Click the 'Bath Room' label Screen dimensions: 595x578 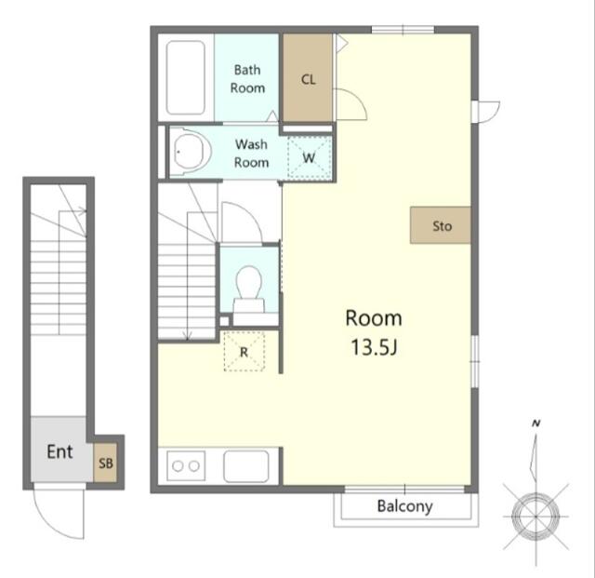pyautogui.click(x=247, y=79)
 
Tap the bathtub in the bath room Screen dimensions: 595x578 pyautogui.click(x=186, y=77)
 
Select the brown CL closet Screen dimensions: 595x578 pyautogui.click(x=308, y=78)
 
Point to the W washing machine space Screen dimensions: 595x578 pyautogui.click(x=309, y=157)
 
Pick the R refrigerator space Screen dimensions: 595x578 pyautogui.click(x=244, y=351)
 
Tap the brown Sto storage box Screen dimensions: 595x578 pyautogui.click(x=441, y=225)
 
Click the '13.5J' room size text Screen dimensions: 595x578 pyautogui.click(x=374, y=347)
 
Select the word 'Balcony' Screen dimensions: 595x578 pyautogui.click(x=405, y=506)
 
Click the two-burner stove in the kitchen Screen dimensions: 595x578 pyautogui.click(x=186, y=466)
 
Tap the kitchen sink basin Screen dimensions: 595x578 pyautogui.click(x=246, y=466)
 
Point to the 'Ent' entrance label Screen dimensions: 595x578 pyautogui.click(x=59, y=451)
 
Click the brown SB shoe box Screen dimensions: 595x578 pyautogui.click(x=105, y=463)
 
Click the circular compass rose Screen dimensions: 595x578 pyautogui.click(x=535, y=517)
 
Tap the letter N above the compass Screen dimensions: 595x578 pyautogui.click(x=536, y=423)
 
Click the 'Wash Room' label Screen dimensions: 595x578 pyautogui.click(x=251, y=154)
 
